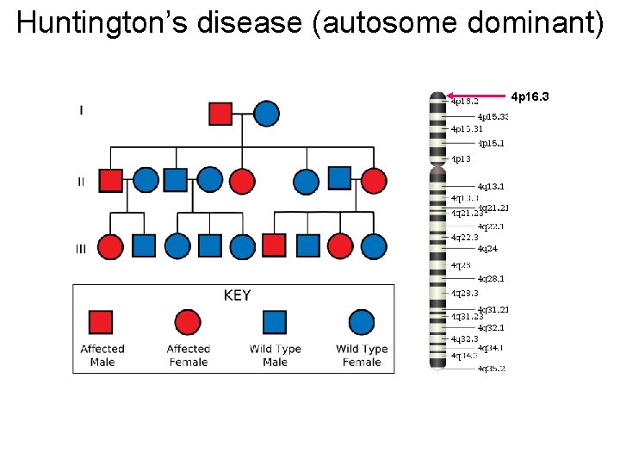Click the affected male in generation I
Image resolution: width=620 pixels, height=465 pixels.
220,113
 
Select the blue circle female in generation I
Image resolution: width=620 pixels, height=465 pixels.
266,113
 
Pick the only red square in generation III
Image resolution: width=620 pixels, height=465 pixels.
274,245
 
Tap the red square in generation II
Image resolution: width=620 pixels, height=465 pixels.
110,180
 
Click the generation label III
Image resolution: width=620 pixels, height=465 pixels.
81,249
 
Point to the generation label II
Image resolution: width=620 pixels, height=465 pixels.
81,182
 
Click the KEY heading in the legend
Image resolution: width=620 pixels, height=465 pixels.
237,295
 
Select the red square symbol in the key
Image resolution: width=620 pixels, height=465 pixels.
102,322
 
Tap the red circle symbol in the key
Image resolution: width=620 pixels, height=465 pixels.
188,322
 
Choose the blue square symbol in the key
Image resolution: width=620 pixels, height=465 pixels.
275,322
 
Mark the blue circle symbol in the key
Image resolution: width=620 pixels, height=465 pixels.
362,322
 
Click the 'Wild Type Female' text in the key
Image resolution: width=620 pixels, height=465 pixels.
362,356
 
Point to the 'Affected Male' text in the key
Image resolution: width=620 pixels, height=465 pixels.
102,356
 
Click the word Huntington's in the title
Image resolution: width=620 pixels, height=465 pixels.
103,23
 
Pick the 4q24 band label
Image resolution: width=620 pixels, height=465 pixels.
487,249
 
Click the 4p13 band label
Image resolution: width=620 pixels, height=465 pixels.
461,159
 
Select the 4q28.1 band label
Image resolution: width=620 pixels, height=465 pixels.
491,279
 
